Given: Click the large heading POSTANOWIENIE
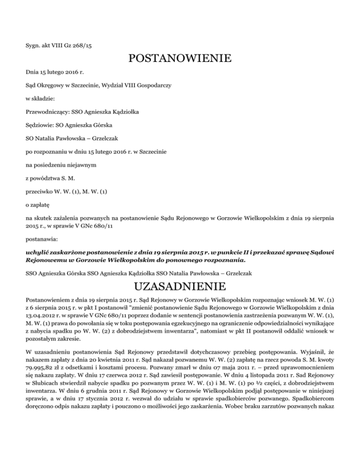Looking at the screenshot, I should coord(180,59).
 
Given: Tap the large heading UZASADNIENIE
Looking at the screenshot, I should coord(180,286).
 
